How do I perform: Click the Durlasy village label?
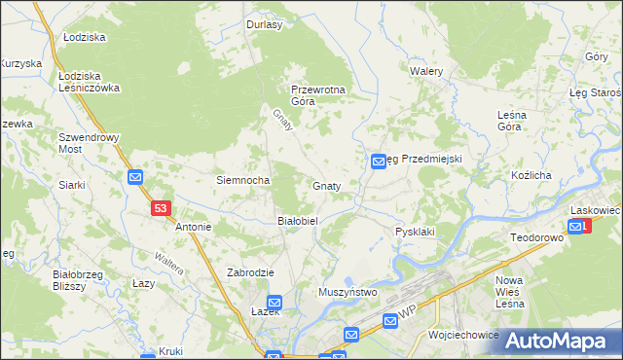[x=264, y=25]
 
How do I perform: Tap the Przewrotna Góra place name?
[x=318, y=94]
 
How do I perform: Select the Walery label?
[x=426, y=72]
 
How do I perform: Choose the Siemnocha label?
[x=242, y=181]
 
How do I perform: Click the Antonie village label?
[x=193, y=227]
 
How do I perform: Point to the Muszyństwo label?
[x=348, y=292]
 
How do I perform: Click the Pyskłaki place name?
[x=415, y=232]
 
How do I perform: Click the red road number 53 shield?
[x=162, y=208]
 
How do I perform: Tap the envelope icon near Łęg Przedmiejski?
[x=378, y=163]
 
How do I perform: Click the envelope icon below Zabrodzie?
[x=275, y=303]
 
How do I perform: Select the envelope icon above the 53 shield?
[x=135, y=177]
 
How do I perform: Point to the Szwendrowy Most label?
[x=89, y=143]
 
